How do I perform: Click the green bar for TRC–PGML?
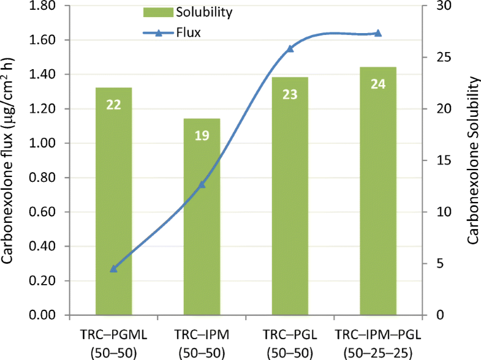113,202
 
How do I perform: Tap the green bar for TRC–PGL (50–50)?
290,196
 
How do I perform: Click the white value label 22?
113,105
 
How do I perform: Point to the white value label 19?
202,135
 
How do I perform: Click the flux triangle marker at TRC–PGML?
113,268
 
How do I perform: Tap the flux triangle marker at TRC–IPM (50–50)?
202,184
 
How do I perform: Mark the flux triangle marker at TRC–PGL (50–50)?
290,48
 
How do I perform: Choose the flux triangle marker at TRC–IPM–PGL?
378,33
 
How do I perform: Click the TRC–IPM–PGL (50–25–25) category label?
378,344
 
